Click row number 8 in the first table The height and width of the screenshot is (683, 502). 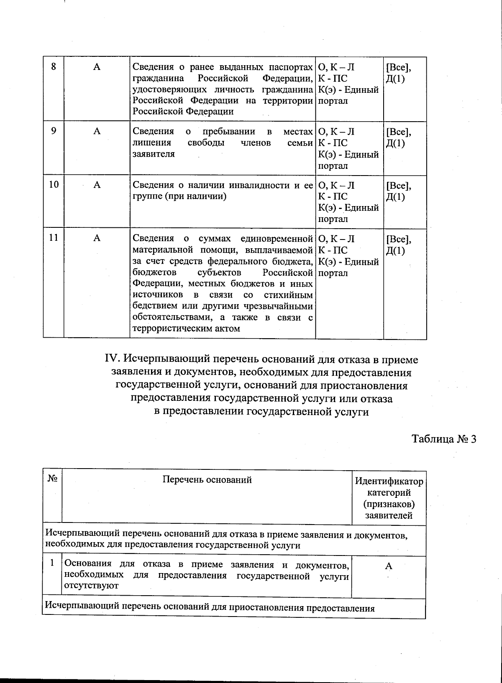coord(54,67)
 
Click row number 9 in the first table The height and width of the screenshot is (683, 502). coord(54,131)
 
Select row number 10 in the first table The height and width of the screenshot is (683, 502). coord(54,185)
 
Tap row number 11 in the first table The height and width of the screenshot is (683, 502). coord(54,238)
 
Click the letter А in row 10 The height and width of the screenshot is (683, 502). coord(97,185)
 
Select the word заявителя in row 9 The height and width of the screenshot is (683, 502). coord(154,154)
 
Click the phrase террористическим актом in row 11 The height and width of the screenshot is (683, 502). coord(187,328)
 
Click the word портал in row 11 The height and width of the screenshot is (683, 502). coord(333,273)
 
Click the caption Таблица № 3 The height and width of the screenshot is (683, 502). coord(444,439)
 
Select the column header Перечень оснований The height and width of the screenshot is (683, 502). coord(207,480)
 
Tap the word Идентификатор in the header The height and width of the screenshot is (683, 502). coord(389,482)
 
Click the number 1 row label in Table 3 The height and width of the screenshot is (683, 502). coord(52,563)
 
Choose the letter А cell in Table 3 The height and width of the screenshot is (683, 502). coord(389,566)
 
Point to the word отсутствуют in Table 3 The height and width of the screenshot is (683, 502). coord(91,586)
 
